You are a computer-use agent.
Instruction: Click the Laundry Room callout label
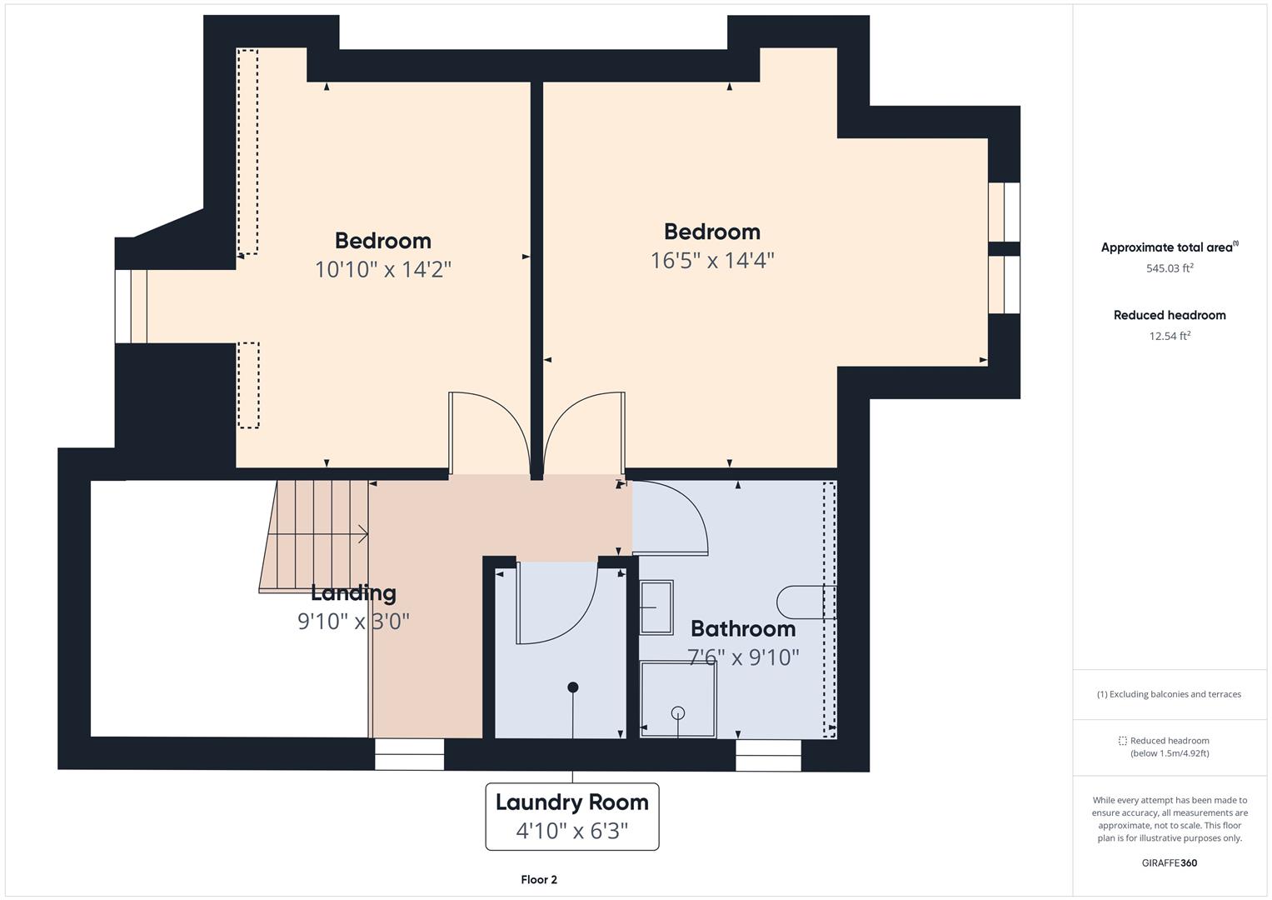(571, 802)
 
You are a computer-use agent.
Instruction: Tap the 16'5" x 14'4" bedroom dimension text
(712, 261)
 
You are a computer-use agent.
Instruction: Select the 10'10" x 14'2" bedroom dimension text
(383, 270)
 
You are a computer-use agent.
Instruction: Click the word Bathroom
(742, 628)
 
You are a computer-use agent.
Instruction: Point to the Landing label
(353, 593)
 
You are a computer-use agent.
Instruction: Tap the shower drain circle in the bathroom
(678, 712)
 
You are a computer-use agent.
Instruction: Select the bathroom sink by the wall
(656, 607)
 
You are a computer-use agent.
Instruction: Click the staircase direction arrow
(362, 534)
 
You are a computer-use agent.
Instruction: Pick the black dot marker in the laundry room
(573, 687)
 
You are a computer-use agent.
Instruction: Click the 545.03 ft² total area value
(1170, 268)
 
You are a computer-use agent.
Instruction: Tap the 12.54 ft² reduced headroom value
(1170, 336)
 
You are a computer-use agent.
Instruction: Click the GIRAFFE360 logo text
(1170, 862)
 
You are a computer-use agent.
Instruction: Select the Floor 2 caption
(539, 879)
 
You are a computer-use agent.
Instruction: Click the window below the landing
(409, 754)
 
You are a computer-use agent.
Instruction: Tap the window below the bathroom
(768, 754)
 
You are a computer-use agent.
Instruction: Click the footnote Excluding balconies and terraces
(1170, 694)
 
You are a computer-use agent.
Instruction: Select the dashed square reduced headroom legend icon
(1122, 741)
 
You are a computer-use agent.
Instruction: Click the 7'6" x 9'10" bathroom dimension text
(743, 657)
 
